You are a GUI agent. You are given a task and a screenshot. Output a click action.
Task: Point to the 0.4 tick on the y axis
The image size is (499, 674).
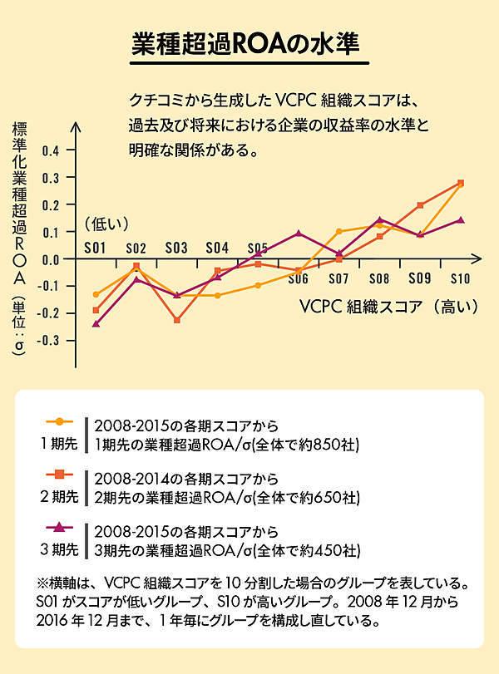pyautogui.click(x=51, y=150)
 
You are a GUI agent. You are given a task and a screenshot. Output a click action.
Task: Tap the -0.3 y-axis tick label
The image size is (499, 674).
pyautogui.click(x=49, y=340)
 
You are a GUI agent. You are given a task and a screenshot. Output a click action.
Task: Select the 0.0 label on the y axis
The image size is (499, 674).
pyautogui.click(x=51, y=258)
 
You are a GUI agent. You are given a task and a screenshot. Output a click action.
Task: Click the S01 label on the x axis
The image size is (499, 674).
pyautogui.click(x=95, y=248)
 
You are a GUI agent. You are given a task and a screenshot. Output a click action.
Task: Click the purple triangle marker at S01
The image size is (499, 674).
pyautogui.click(x=96, y=323)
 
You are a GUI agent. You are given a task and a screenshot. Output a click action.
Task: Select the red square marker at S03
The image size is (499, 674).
pyautogui.click(x=176, y=320)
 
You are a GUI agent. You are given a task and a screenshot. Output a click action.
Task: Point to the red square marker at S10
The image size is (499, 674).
pyautogui.click(x=461, y=183)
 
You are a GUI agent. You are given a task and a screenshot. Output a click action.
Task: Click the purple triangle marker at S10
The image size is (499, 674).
pyautogui.click(x=461, y=220)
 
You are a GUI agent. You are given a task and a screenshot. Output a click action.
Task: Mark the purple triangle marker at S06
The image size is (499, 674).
pyautogui.click(x=299, y=234)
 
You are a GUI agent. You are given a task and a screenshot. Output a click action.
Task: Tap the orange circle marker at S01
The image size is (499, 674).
pyautogui.click(x=96, y=294)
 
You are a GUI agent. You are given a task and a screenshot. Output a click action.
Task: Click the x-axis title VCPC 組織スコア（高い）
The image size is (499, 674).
pyautogui.click(x=389, y=305)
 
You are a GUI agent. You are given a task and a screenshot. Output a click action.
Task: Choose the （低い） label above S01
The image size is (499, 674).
pyautogui.click(x=107, y=223)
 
